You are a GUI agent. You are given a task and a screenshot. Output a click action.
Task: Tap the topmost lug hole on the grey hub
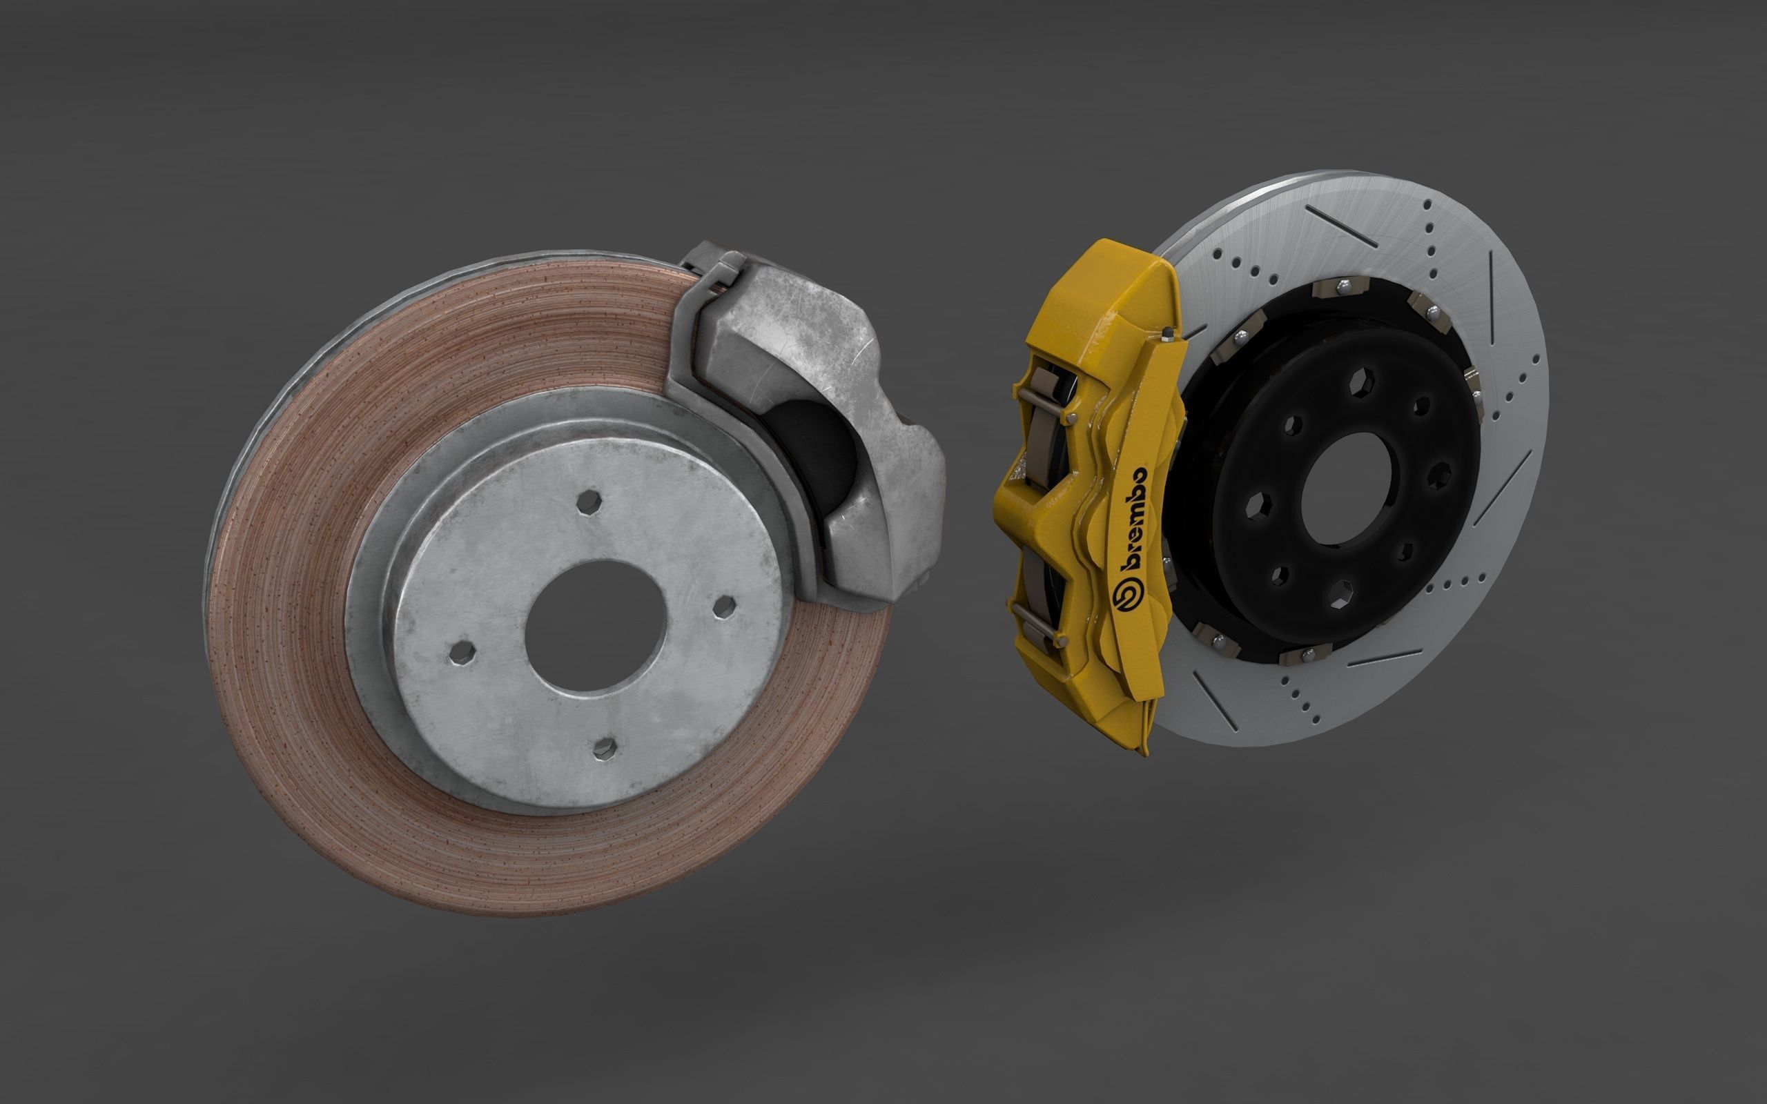point(589,502)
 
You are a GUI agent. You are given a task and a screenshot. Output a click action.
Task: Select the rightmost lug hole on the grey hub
point(724,606)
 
